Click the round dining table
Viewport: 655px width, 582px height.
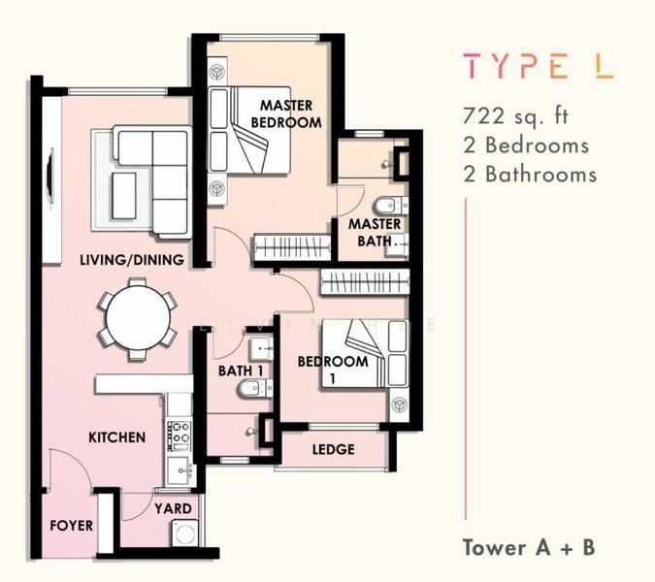[138, 318]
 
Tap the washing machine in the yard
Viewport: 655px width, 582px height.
[183, 533]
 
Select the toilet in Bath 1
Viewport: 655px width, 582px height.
[254, 389]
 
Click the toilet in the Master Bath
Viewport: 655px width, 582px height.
[391, 206]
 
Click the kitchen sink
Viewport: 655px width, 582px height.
[181, 470]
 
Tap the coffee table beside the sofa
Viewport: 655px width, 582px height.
[123, 196]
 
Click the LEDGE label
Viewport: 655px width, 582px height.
[334, 449]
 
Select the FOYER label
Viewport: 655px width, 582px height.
[71, 525]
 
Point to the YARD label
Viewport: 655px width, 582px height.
[173, 508]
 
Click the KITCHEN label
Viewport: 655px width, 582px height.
[117, 437]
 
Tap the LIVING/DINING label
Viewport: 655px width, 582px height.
[132, 260]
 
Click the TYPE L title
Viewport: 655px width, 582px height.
[538, 66]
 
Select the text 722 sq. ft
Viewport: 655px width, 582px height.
[515, 115]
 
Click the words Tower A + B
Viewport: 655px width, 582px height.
[529, 547]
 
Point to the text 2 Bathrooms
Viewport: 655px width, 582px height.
[530, 174]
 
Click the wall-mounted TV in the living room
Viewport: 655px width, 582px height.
[51, 176]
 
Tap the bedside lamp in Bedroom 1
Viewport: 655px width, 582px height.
[400, 404]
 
